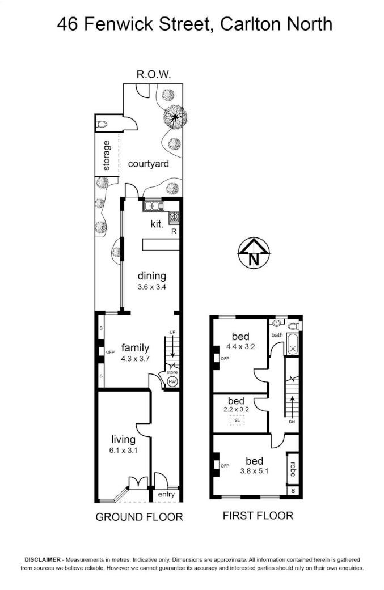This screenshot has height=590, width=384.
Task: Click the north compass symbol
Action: pos(254,253)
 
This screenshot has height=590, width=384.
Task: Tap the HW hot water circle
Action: pos(172,382)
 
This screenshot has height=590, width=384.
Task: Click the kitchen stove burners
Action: pos(174,216)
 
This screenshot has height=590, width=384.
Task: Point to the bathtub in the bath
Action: pos(293,343)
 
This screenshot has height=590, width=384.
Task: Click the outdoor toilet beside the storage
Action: pos(102,124)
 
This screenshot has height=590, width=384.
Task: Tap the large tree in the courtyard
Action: pos(175,117)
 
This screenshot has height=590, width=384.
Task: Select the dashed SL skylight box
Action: pos(237,420)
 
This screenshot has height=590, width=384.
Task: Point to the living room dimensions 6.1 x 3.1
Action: pos(124,449)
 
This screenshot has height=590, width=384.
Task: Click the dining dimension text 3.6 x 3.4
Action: pos(152,286)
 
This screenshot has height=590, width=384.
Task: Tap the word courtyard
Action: pos(149,164)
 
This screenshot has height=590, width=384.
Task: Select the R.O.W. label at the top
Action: pos(153,74)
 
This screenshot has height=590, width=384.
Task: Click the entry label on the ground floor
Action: pos(166,494)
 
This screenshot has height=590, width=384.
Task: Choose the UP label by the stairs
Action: pos(172,332)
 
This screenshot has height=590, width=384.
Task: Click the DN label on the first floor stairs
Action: pos(292,422)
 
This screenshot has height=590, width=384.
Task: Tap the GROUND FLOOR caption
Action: pos(140,517)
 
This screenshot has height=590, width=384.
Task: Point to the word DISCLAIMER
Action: pos(42,559)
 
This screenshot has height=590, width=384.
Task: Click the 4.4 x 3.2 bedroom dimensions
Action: pos(240,346)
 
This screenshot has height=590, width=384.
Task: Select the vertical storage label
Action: pos(107,155)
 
